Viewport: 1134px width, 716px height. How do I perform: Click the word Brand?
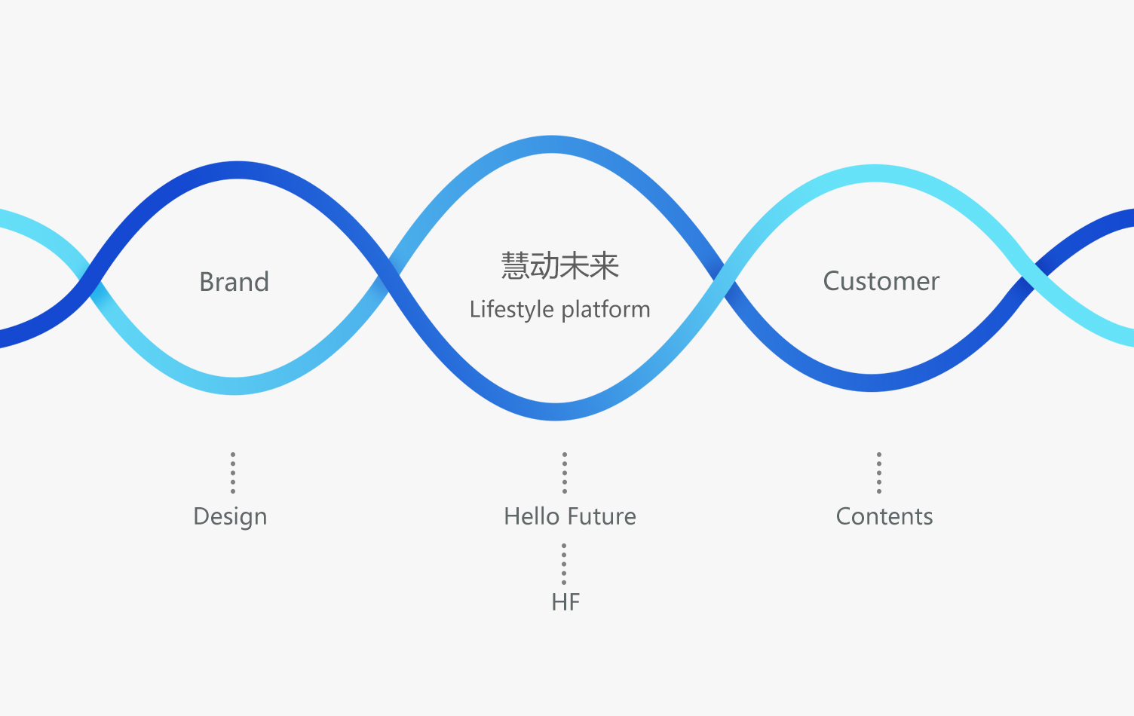(x=234, y=282)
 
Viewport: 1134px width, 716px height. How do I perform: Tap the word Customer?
(x=881, y=281)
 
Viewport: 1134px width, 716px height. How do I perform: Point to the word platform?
(x=605, y=310)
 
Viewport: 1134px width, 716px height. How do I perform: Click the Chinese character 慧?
(x=516, y=266)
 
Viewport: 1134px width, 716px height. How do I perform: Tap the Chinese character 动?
(x=545, y=266)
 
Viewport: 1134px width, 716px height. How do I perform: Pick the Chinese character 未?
(x=575, y=266)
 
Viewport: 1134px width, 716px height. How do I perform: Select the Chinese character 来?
(x=605, y=266)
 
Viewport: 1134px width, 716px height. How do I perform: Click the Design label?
(x=230, y=517)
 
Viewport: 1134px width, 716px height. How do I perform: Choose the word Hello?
(x=531, y=516)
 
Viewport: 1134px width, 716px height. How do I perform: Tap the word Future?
(x=603, y=516)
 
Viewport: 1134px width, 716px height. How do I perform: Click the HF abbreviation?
(x=565, y=602)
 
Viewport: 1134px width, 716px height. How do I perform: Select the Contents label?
(x=884, y=516)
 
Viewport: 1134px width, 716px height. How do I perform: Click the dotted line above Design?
(x=233, y=473)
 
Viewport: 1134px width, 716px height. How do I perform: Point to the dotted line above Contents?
(x=879, y=473)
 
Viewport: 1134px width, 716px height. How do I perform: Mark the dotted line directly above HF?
(x=564, y=564)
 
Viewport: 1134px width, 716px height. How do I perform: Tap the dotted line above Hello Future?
(x=565, y=473)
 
